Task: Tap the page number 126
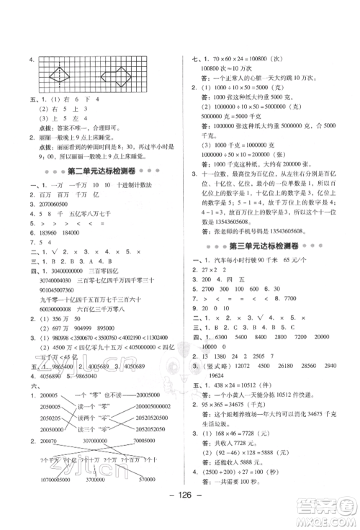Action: tap(179, 515)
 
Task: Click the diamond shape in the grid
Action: tap(56, 73)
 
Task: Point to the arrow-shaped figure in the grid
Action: tap(115, 73)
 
